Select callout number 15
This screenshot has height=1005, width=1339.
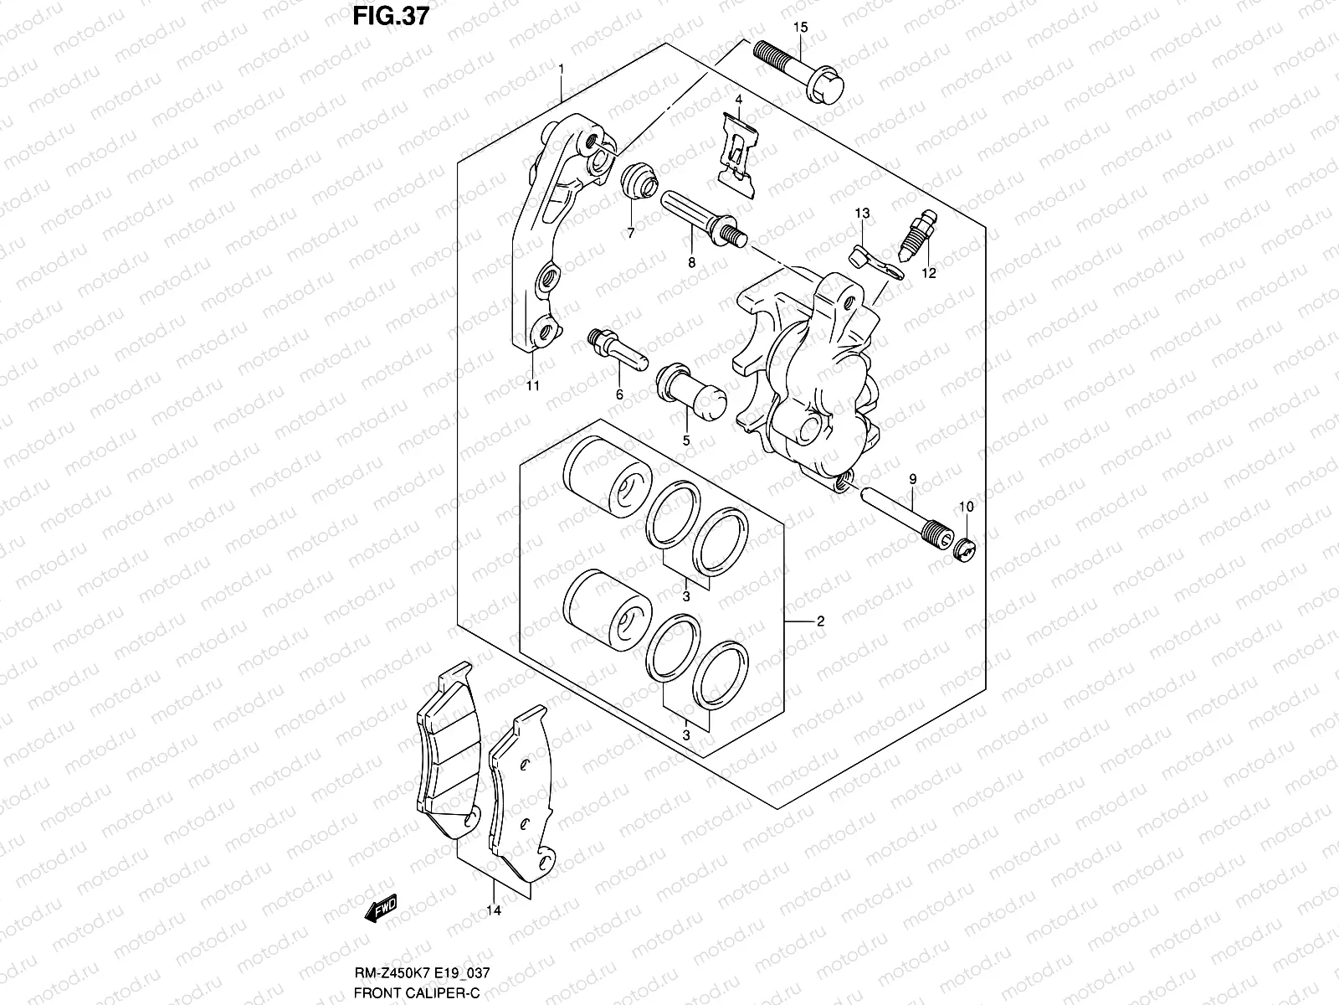(800, 28)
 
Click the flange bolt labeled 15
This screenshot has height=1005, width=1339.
(800, 72)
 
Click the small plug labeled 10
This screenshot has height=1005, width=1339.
(966, 550)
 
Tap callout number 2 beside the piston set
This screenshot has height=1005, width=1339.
(820, 621)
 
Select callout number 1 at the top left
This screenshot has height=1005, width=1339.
(561, 68)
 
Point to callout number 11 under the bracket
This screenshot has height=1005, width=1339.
(533, 385)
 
